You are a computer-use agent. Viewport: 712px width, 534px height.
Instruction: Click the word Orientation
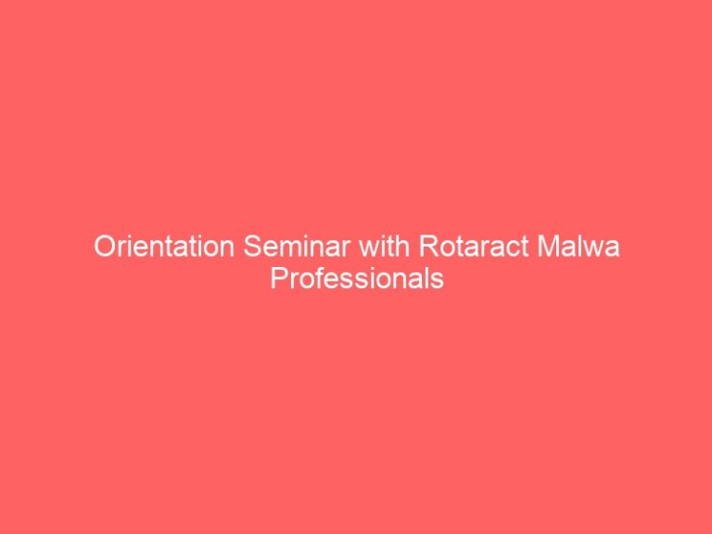coord(164,246)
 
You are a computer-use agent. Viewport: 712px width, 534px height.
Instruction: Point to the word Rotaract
coord(474,246)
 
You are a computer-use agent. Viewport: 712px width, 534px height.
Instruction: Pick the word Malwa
coord(578,246)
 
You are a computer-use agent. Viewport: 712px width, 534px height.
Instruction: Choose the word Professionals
coord(357,278)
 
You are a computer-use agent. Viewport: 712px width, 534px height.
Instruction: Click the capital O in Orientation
coord(105,246)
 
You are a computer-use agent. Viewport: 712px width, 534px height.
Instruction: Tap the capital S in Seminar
coord(252,246)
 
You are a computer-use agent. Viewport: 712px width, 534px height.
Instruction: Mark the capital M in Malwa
coord(548,246)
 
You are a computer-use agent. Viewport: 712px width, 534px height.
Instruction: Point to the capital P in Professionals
coord(280,278)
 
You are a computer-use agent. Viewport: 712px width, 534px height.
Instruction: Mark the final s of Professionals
coord(438,281)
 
